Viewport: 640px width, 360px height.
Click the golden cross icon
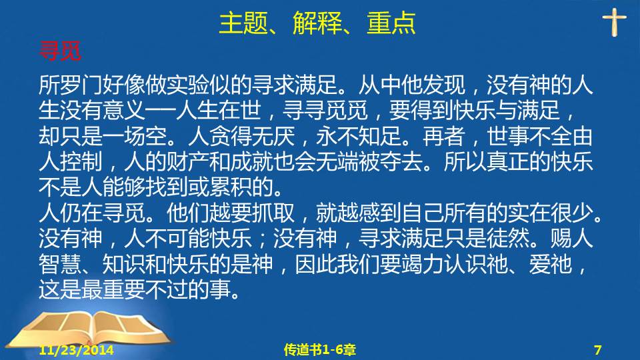614,23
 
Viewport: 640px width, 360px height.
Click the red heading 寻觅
60,51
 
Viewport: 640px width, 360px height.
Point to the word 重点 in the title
391,23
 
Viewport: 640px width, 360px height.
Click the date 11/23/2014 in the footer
76,350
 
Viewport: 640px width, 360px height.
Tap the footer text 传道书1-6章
319,350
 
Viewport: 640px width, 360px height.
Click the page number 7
597,350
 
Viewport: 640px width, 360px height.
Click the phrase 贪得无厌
251,136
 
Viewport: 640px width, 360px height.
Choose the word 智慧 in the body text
60,264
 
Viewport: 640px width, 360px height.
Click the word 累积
230,187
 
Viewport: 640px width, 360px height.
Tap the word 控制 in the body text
81,161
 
